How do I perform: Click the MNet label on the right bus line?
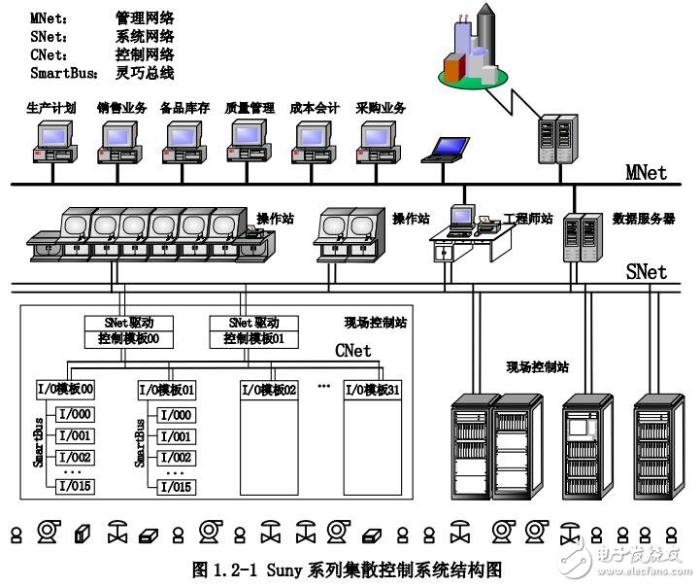click(x=645, y=172)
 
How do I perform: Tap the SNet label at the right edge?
click(x=645, y=271)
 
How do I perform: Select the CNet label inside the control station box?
click(x=352, y=350)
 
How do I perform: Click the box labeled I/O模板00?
click(x=64, y=390)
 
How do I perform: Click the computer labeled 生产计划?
click(x=46, y=142)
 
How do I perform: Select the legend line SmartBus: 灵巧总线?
click(x=101, y=73)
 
